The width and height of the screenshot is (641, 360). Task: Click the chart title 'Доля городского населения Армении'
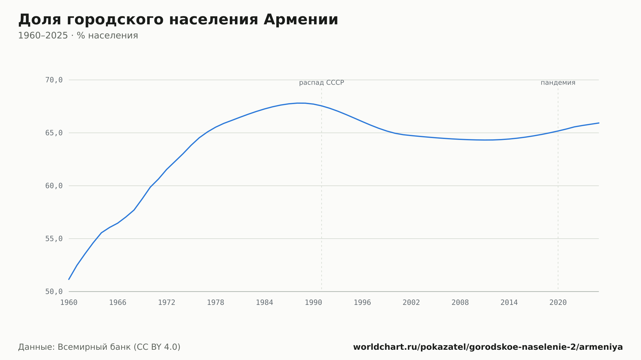pyautogui.click(x=178, y=20)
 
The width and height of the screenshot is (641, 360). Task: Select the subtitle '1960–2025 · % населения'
pyautogui.click(x=78, y=36)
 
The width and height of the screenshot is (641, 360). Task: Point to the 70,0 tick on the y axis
pyautogui.click(x=54, y=80)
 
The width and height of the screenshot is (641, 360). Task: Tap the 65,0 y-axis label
pyautogui.click(x=54, y=133)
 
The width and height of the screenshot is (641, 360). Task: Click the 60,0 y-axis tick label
pyautogui.click(x=54, y=186)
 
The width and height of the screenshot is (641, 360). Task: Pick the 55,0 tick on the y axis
pyautogui.click(x=54, y=239)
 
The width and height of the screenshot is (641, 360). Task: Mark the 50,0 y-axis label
pyautogui.click(x=54, y=291)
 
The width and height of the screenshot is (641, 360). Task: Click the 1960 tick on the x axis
pyautogui.click(x=69, y=303)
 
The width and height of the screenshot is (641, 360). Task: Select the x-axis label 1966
pyautogui.click(x=118, y=303)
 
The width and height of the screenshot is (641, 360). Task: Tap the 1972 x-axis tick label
pyautogui.click(x=167, y=303)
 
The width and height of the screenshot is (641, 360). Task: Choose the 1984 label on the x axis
pyautogui.click(x=264, y=303)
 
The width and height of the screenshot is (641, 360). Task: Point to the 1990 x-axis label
pyautogui.click(x=313, y=303)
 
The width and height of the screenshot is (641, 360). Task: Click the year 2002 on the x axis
pyautogui.click(x=411, y=303)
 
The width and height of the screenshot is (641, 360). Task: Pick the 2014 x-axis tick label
pyautogui.click(x=509, y=303)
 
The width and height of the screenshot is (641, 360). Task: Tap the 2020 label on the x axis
pyautogui.click(x=558, y=303)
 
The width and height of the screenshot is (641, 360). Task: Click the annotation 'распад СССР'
pyautogui.click(x=321, y=83)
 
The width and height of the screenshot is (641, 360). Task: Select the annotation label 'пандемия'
pyautogui.click(x=558, y=83)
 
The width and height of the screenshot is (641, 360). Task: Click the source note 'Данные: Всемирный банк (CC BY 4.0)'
pyautogui.click(x=99, y=347)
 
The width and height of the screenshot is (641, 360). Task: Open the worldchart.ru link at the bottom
pyautogui.click(x=488, y=347)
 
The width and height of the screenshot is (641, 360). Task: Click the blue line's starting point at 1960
pyautogui.click(x=69, y=279)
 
